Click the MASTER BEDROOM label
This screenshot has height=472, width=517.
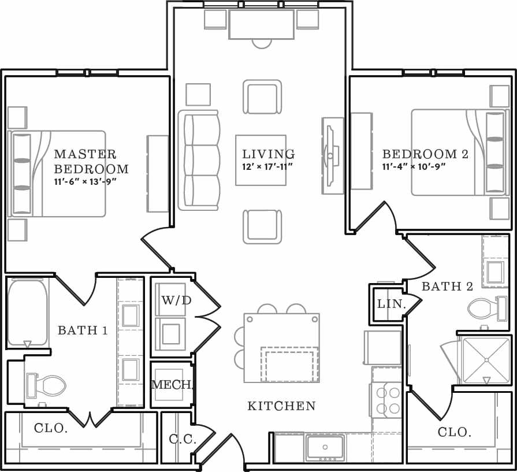(91, 162)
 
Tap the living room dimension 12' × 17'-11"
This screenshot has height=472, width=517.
(268, 167)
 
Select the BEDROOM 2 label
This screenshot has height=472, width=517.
(425, 154)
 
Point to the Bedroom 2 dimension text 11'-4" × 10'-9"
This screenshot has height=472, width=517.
(414, 167)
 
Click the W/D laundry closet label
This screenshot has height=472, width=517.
(176, 300)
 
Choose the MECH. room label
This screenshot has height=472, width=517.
(172, 385)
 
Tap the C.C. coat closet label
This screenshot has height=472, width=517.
(183, 439)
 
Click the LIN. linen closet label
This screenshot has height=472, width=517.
(391, 304)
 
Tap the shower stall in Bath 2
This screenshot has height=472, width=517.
(486, 360)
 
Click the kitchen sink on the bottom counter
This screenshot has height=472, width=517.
(325, 447)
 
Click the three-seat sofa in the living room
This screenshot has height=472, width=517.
(200, 160)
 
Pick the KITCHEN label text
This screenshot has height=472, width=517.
(281, 406)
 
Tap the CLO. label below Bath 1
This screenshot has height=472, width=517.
(51, 429)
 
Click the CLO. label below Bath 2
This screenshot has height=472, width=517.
(455, 432)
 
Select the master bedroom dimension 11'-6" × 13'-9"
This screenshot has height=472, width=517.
(85, 181)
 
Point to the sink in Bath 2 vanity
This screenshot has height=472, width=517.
(496, 272)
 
